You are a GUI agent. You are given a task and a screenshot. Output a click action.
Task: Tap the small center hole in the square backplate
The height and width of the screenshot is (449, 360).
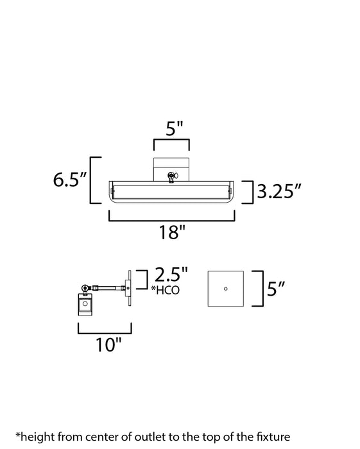tap(225, 289)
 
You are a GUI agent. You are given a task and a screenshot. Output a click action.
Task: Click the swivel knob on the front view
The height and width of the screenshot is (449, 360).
tap(171, 175)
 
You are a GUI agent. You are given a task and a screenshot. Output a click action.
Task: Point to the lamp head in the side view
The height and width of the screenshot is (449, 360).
tap(85, 306)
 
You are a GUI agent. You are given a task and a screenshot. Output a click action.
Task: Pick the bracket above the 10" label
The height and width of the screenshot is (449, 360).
tap(106, 329)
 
